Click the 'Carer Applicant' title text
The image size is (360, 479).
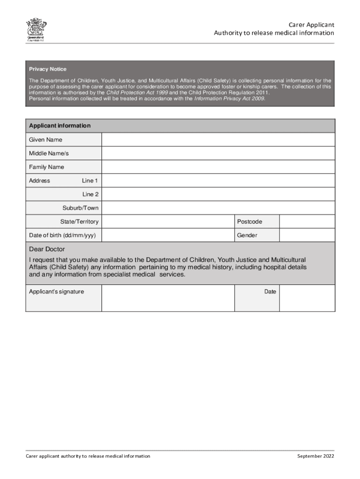(311, 24)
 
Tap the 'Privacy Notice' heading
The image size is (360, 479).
(48, 69)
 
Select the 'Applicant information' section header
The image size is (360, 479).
(60, 126)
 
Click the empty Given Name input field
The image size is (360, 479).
(218, 140)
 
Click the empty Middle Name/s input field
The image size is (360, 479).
(218, 153)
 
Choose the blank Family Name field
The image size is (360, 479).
(218, 167)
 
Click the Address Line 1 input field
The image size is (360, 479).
(218, 181)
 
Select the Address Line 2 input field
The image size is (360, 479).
(218, 194)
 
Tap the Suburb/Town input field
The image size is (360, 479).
(218, 208)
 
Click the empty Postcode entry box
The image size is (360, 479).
(307, 222)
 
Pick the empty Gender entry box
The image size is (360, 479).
(307, 235)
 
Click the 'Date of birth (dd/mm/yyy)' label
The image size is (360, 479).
(62, 235)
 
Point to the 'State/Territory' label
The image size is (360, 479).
(79, 222)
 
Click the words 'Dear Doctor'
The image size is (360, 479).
(47, 249)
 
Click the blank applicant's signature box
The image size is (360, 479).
(167, 298)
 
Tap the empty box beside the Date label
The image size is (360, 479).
(307, 298)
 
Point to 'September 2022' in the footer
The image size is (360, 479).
(316, 456)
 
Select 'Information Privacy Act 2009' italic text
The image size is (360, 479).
(230, 99)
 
